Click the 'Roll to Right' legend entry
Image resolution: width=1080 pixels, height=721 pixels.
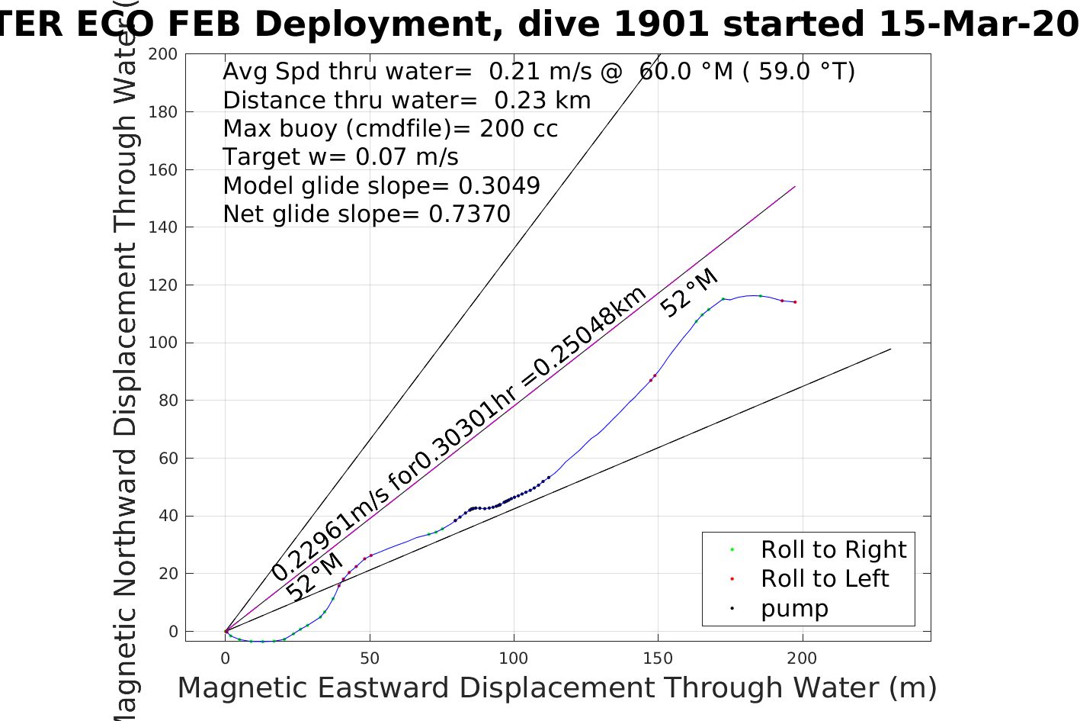833,549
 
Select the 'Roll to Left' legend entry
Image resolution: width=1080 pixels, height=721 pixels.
824,578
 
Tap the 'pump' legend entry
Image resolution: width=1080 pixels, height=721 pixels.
794,608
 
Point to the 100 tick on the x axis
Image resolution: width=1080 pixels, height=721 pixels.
514,658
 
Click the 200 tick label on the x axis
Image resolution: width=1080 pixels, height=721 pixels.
802,658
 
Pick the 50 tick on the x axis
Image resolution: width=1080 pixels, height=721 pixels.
370,658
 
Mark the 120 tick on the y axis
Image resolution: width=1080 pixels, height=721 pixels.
163,285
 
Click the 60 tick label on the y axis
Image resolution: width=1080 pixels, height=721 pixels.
167,459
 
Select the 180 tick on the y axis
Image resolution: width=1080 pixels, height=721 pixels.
163,112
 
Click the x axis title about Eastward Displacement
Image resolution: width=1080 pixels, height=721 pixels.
556,687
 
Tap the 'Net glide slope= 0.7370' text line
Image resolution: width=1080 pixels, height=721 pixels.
367,214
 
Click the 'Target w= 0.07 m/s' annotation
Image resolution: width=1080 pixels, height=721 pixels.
341,157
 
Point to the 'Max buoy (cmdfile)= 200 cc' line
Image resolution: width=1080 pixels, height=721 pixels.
390,129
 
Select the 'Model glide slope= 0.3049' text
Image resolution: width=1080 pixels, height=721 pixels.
381,186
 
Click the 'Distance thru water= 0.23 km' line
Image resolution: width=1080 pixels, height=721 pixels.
406,101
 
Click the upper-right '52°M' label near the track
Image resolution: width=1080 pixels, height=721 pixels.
689,293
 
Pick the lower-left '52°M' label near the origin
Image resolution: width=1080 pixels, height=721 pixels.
314,578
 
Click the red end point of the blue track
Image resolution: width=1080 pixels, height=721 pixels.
795,302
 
